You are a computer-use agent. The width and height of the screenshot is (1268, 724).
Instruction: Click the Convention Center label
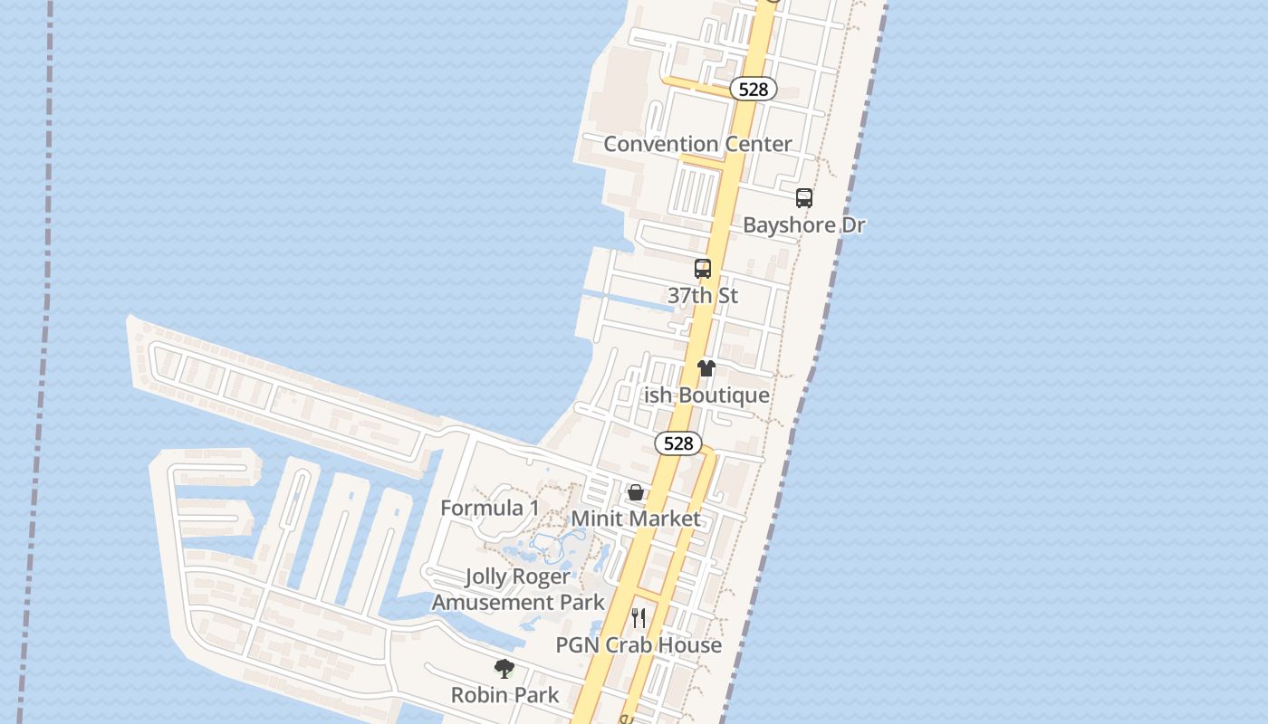(697, 144)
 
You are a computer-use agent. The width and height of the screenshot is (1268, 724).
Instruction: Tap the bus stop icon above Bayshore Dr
(803, 198)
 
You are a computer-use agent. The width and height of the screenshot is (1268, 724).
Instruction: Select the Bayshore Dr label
(803, 225)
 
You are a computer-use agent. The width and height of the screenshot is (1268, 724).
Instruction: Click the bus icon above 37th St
(703, 269)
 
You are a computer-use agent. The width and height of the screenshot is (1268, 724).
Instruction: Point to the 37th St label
(703, 296)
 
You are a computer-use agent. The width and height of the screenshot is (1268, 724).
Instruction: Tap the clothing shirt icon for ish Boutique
(706, 368)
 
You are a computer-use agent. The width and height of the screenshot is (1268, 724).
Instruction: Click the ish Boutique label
(706, 395)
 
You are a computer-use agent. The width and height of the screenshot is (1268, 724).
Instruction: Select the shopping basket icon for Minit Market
(636, 492)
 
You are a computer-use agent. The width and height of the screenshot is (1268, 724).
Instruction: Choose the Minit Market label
(636, 519)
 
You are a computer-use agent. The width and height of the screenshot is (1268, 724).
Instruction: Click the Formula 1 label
(489, 508)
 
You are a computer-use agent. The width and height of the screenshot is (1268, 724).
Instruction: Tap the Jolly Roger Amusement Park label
(518, 589)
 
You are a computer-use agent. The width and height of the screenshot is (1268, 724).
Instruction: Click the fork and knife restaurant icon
(639, 618)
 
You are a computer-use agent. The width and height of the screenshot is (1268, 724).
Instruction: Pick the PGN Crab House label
(639, 645)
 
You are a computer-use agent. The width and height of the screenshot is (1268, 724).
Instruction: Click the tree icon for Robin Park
(504, 669)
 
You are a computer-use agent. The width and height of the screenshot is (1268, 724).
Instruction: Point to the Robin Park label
(504, 695)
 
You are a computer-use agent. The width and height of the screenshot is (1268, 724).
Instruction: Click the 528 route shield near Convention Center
(754, 89)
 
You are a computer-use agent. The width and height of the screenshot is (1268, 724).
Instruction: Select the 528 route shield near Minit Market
(678, 443)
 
